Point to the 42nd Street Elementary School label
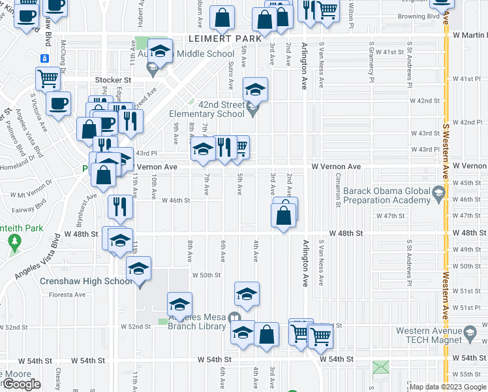point(207,108)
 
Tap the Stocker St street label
point(113,80)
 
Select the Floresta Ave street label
point(68,295)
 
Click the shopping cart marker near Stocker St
point(48,78)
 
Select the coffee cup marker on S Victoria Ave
point(58,103)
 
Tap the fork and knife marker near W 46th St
point(120,206)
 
